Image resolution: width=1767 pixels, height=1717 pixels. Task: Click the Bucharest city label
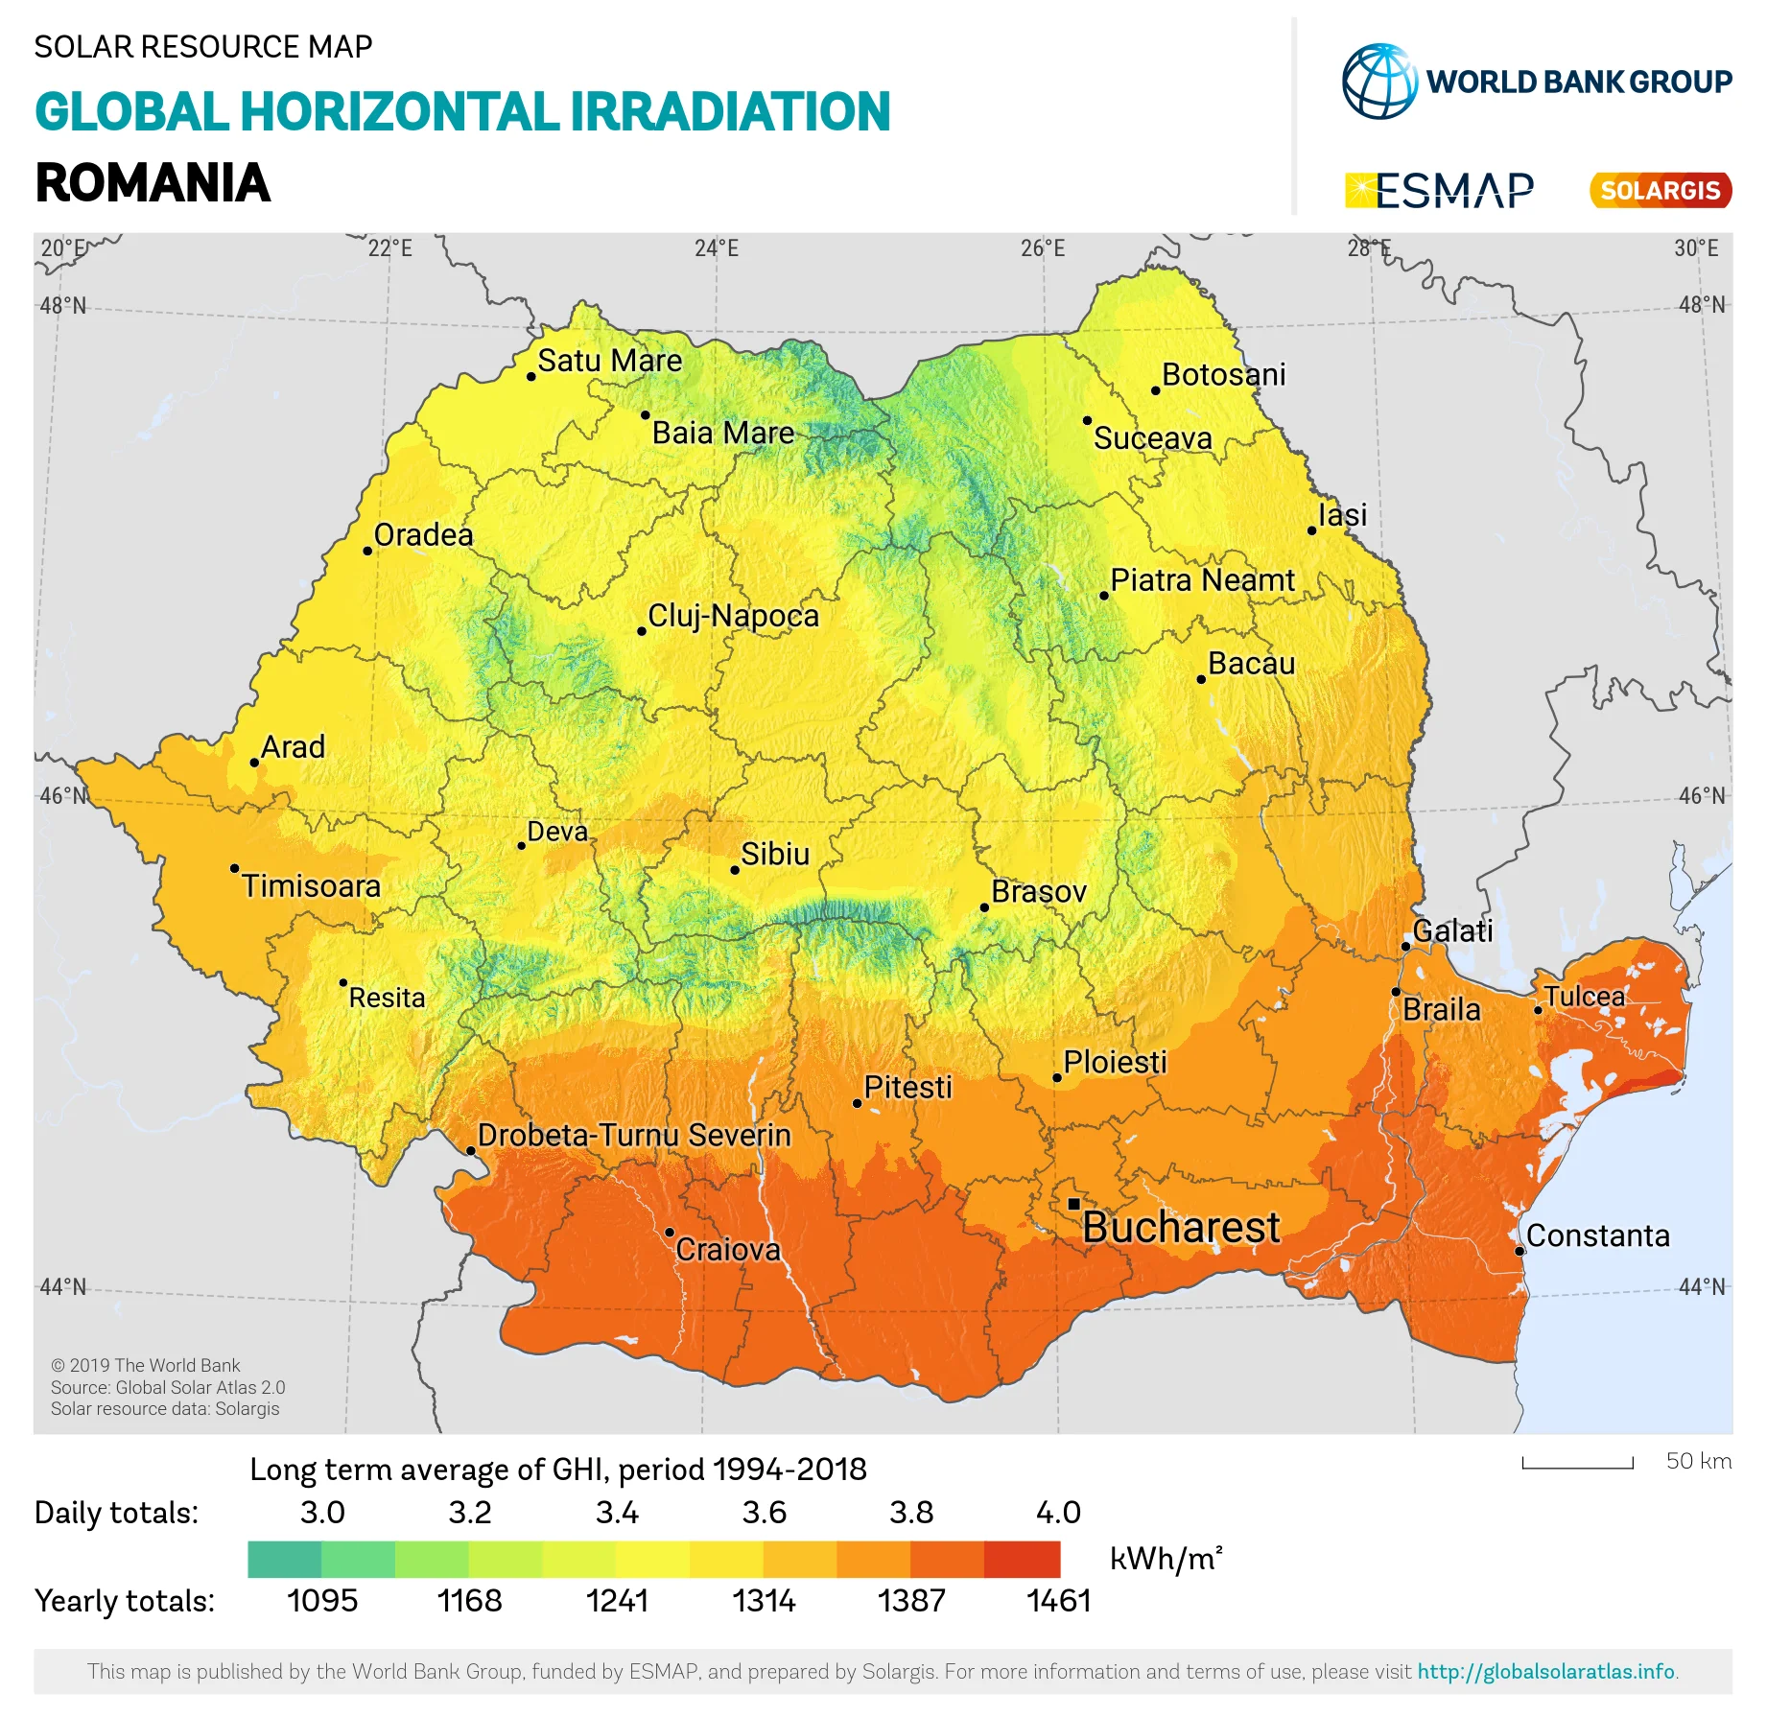[1180, 1228]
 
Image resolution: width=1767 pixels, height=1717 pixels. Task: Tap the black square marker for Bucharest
[1073, 1204]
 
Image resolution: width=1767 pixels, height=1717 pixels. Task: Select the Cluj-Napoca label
[733, 616]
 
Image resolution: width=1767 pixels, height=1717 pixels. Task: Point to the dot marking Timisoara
[235, 869]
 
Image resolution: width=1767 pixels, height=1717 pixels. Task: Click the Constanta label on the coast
[1597, 1235]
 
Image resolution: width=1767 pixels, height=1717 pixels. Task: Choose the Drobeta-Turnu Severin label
[634, 1135]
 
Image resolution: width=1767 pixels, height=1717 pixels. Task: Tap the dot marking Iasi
[1312, 530]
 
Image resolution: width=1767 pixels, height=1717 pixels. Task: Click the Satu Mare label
[609, 361]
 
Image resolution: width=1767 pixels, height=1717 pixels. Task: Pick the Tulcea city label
[1584, 997]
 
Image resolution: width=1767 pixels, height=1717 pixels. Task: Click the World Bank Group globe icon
[1379, 82]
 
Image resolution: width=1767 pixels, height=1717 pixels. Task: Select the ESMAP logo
[1439, 190]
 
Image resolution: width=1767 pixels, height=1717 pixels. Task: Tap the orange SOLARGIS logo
[1661, 190]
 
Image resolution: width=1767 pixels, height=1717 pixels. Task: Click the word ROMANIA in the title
[153, 183]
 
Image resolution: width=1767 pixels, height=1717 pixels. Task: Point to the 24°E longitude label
[717, 248]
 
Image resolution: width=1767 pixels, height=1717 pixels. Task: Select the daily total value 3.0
[322, 1512]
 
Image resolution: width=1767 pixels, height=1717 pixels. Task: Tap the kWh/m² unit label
[1166, 1559]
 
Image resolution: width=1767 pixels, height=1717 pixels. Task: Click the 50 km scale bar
[1577, 1464]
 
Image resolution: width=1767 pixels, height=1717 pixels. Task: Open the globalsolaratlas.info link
[1546, 1671]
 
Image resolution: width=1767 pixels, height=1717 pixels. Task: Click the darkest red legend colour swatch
[1022, 1559]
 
